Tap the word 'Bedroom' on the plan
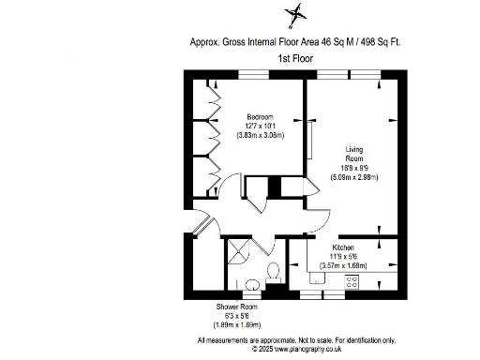(248, 116)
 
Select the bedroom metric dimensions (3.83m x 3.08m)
(248, 135)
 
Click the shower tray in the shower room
(240, 251)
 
